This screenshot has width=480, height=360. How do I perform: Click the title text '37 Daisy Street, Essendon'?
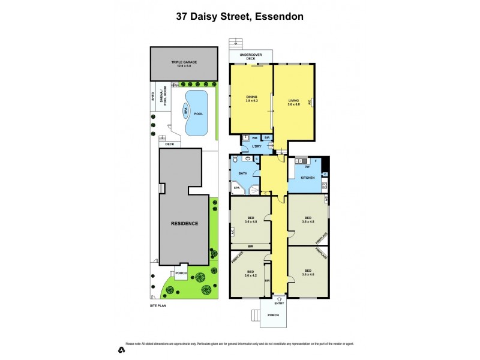[239, 16]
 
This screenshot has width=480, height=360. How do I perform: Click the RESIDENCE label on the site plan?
[184, 223]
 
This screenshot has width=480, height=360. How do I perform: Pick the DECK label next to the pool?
[170, 144]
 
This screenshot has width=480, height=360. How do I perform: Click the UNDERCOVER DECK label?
[251, 57]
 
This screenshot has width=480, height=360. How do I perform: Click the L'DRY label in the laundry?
[256, 146]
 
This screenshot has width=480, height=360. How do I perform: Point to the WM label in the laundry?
[254, 138]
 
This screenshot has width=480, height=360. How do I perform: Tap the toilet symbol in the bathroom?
[235, 160]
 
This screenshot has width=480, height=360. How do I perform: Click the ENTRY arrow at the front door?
[278, 299]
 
